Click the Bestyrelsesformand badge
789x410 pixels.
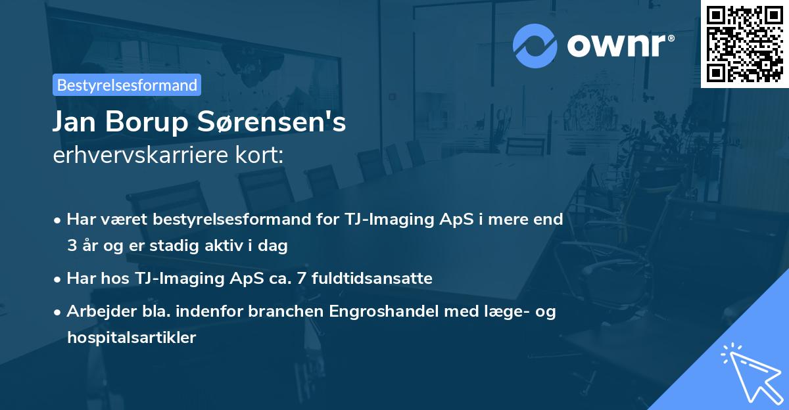pyautogui.click(x=127, y=85)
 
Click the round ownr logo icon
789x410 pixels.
pyautogui.click(x=535, y=45)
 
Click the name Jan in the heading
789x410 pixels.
pyautogui.click(x=74, y=122)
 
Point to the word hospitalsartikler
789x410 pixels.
pyautogui.click(x=131, y=338)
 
